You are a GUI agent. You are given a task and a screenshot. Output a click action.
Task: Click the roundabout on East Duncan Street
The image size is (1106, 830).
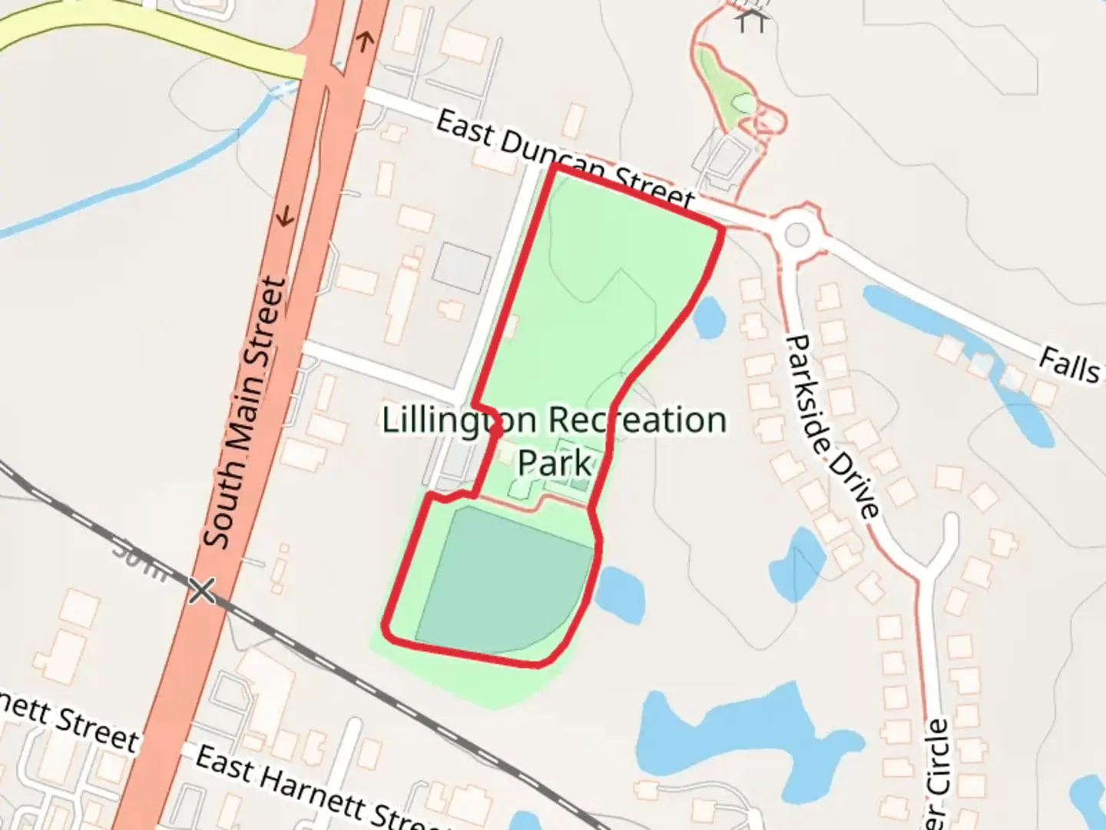point(798,233)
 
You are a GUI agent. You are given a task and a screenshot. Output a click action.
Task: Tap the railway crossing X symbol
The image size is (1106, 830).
point(203,591)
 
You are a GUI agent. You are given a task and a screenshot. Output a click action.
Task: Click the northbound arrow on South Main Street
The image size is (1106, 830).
point(365,40)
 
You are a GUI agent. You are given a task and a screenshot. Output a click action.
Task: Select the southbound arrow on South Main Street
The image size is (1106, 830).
point(286,217)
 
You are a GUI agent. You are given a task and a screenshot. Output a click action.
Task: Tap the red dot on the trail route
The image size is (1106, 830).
point(496,433)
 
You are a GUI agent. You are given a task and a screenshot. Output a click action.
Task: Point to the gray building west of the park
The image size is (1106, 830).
point(461,267)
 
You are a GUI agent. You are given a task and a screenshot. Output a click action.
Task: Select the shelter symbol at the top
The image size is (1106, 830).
point(750,19)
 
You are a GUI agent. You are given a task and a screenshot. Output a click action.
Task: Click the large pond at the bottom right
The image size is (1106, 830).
point(737,738)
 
